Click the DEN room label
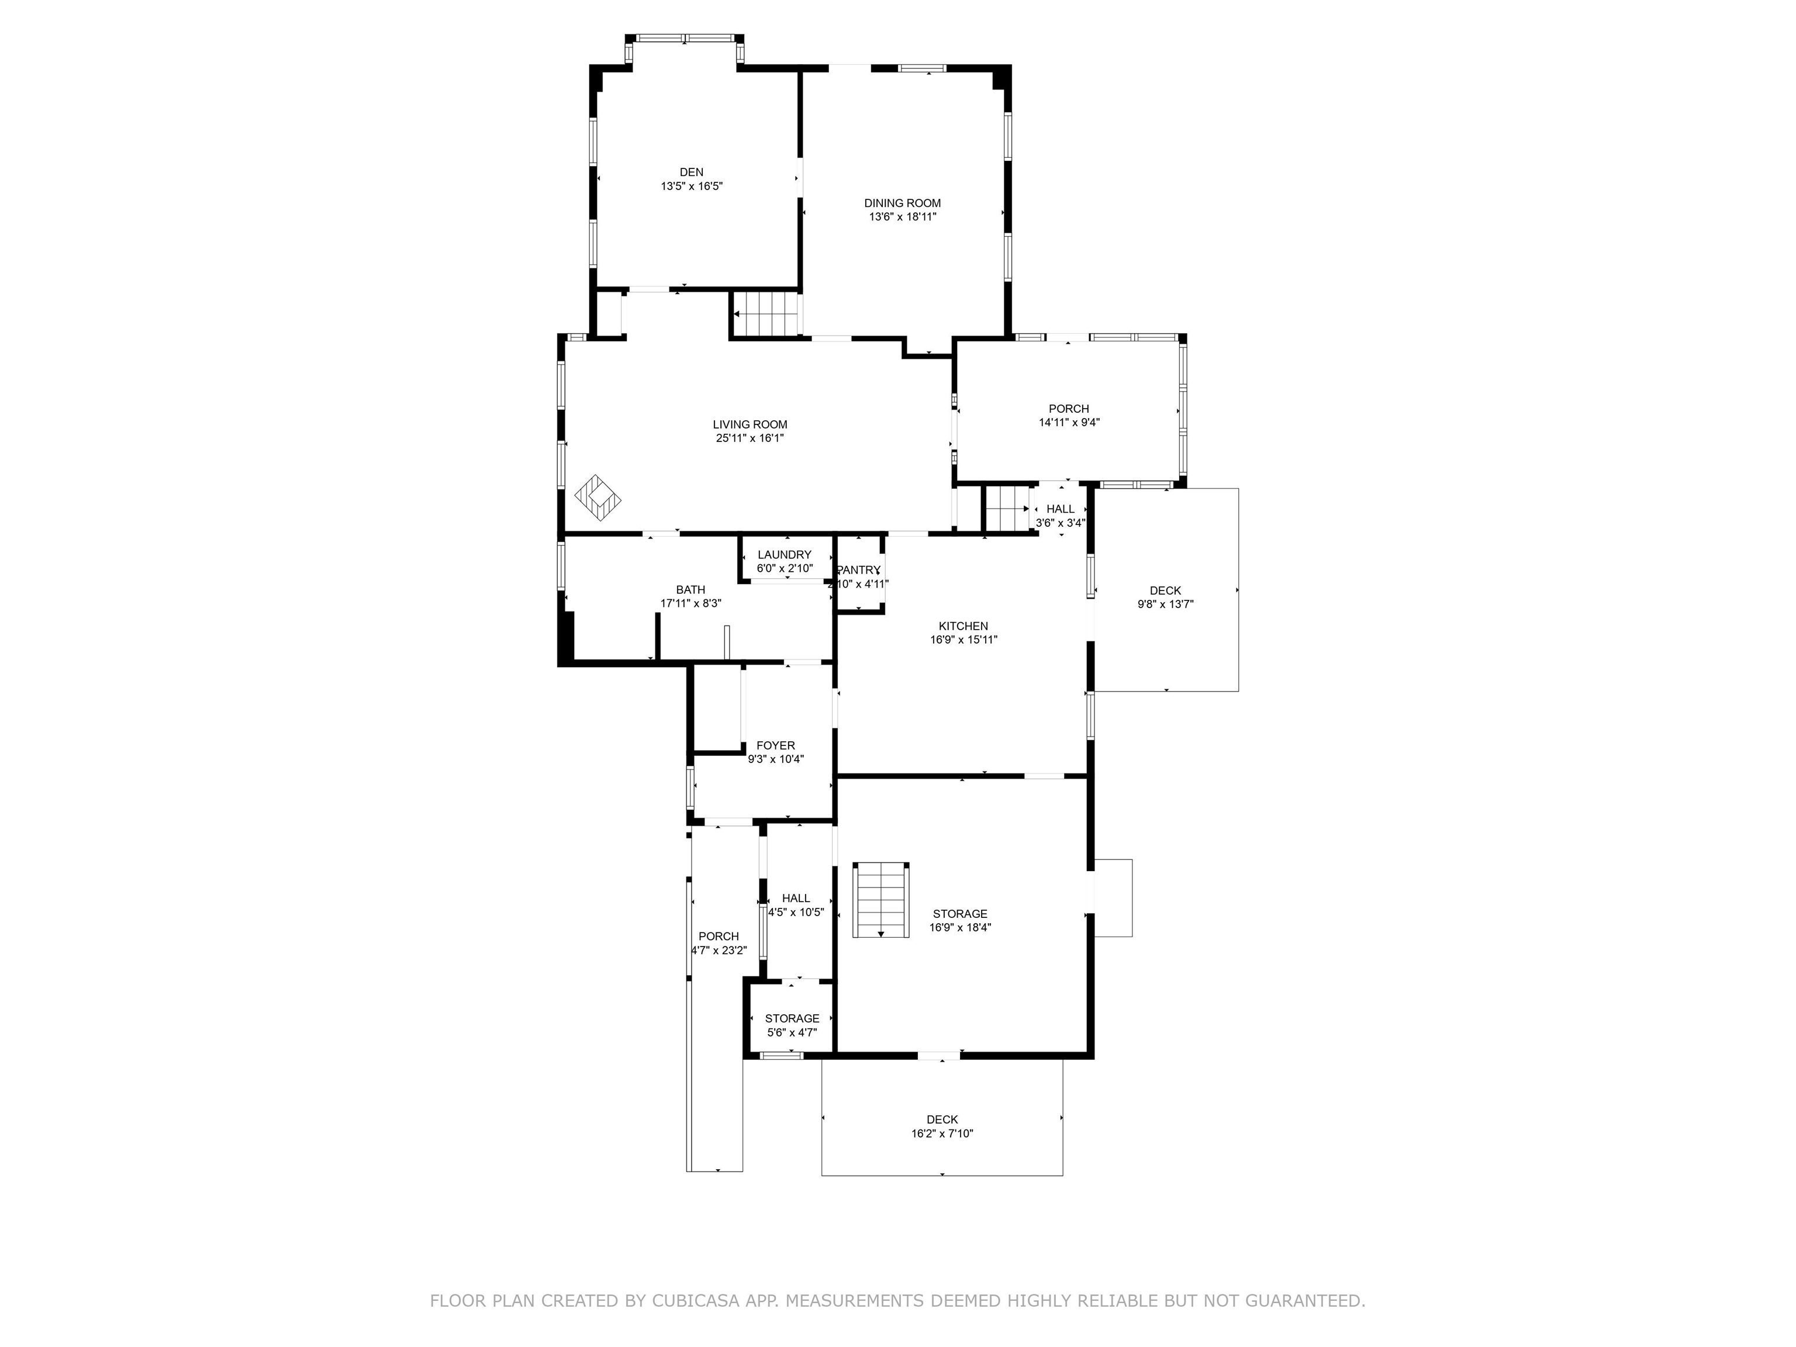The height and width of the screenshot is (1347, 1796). (691, 172)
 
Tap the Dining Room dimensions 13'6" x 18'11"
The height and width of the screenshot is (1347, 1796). (902, 217)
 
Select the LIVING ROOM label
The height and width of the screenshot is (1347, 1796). (750, 424)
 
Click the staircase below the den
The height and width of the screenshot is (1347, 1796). (766, 313)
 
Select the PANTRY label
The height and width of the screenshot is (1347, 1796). (858, 570)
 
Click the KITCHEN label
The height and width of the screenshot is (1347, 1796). (963, 626)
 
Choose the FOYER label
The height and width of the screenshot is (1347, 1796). (775, 745)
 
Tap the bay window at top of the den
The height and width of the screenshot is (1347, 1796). (685, 38)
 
